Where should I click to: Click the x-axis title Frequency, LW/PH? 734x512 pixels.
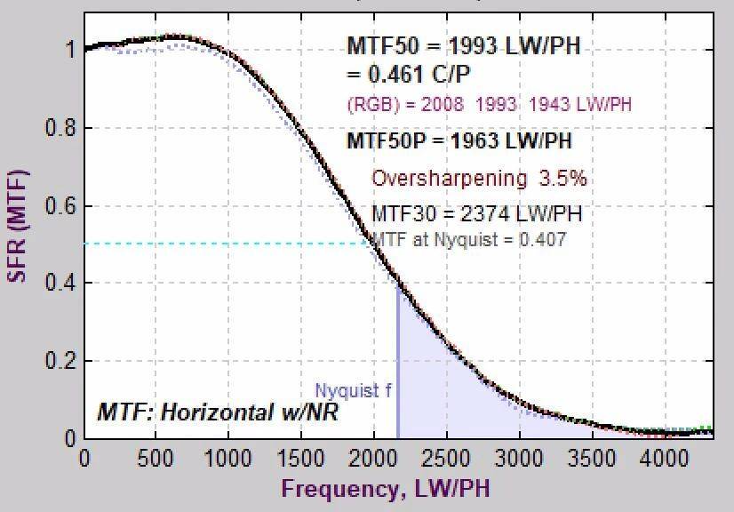(386, 488)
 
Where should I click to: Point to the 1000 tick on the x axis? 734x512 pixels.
(228, 459)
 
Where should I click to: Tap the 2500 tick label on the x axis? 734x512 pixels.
(446, 459)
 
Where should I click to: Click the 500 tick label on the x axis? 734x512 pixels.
(156, 459)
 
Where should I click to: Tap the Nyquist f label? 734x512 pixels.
(353, 390)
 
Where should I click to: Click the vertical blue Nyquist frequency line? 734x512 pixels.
(397, 373)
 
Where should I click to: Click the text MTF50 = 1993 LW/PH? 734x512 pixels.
(463, 46)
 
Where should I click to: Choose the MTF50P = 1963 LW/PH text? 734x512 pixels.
(459, 140)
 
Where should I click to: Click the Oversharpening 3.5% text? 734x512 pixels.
(479, 179)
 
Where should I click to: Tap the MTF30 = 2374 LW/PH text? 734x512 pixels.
(476, 213)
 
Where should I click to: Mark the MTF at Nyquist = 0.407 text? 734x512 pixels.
(468, 239)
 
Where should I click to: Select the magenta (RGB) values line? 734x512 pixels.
(489, 105)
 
